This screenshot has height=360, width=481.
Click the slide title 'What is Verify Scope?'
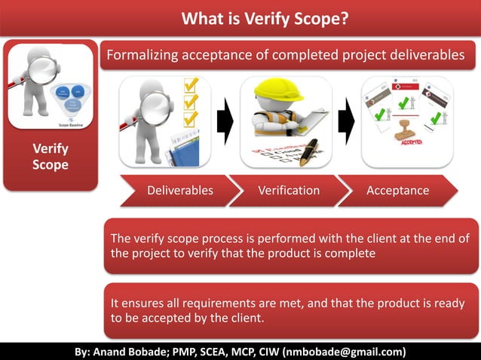265,18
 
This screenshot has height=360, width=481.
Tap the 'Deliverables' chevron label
179,191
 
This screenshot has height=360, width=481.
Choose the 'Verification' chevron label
289,191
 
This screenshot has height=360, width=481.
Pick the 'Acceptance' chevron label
397,191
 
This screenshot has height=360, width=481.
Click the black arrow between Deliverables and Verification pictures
225,121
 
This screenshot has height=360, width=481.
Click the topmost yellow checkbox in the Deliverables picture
191,86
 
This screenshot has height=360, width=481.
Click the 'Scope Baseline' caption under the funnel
70,124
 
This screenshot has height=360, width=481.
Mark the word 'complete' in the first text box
350,254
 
